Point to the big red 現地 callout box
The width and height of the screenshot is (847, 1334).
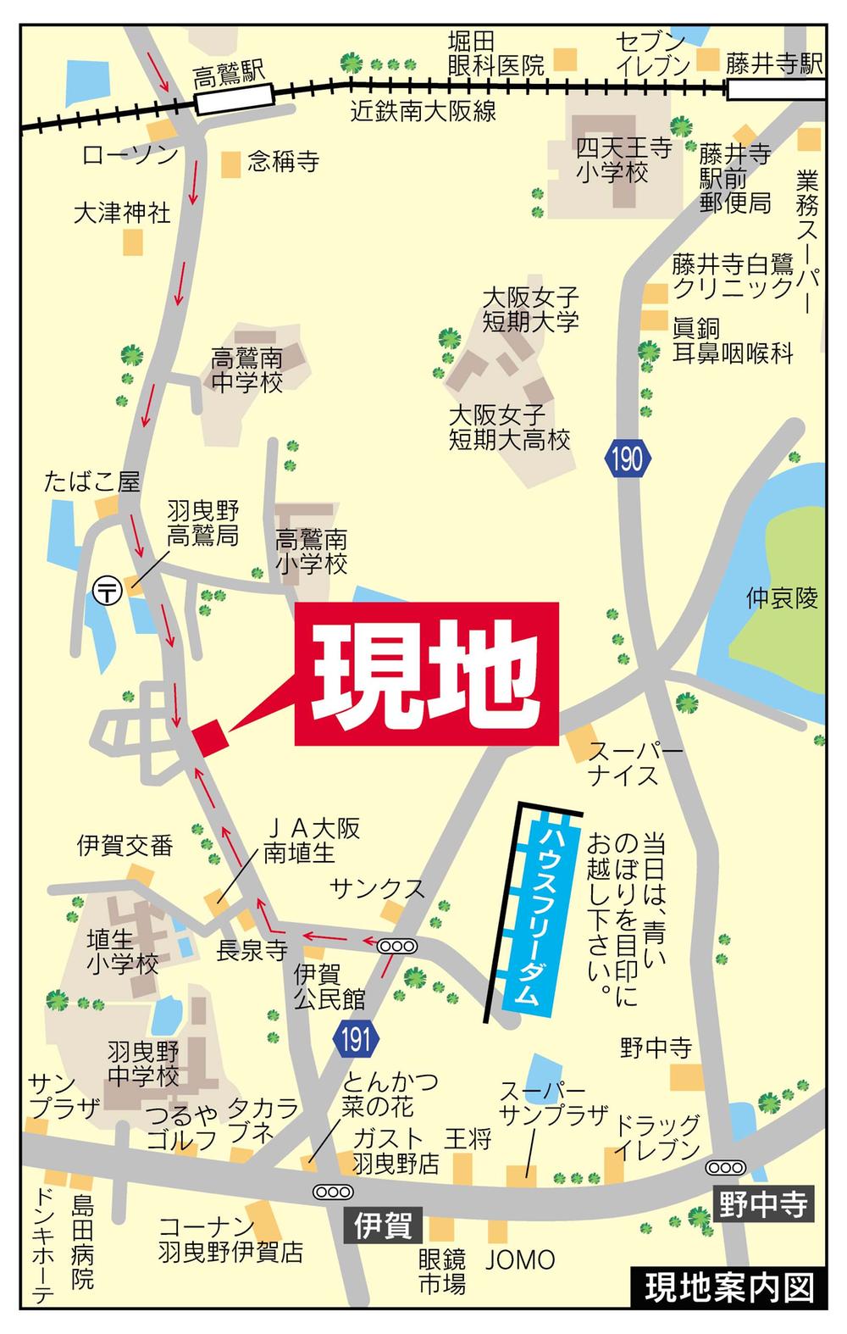click(x=427, y=675)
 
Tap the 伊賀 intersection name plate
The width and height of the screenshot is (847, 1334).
click(x=384, y=1225)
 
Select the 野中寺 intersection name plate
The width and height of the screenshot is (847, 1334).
click(x=762, y=1203)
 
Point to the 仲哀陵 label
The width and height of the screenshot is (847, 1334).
click(x=782, y=599)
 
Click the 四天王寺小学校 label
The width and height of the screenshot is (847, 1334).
click(x=624, y=161)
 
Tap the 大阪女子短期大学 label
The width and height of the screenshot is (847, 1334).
click(x=530, y=309)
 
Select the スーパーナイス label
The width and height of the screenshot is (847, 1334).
click(x=623, y=764)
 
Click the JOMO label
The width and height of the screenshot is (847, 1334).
click(x=520, y=1259)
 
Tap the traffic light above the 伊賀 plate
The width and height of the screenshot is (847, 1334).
click(x=332, y=1191)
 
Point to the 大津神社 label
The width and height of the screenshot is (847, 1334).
click(x=122, y=212)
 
